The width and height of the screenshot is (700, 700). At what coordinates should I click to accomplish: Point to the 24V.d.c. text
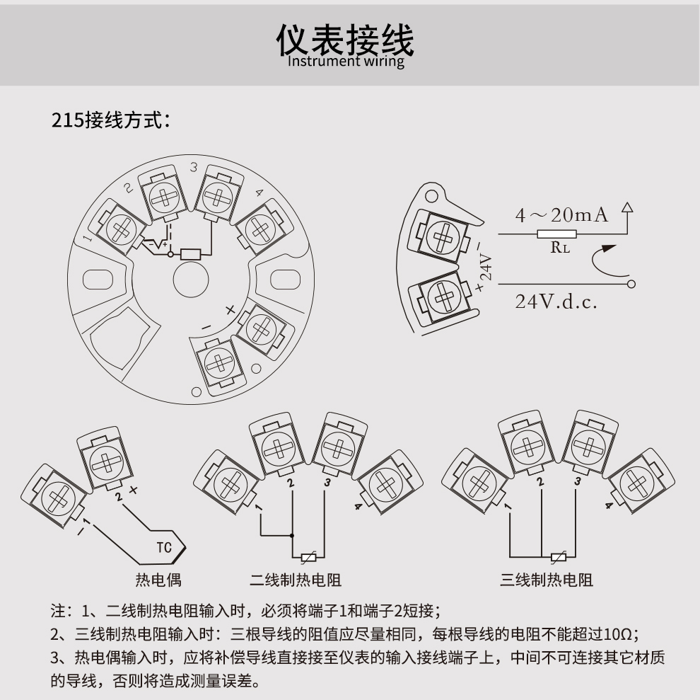[556, 302]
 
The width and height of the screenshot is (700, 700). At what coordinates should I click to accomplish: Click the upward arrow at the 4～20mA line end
[626, 210]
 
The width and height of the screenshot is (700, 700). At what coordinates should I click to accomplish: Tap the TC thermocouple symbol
[164, 547]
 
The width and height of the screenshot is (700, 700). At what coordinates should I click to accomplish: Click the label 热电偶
[158, 580]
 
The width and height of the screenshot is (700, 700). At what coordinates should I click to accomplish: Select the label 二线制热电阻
[296, 580]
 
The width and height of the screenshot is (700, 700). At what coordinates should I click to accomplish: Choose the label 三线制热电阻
[547, 580]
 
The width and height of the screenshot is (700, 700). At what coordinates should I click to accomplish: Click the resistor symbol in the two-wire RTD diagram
[308, 557]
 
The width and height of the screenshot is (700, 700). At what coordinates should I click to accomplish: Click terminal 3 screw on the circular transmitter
[214, 196]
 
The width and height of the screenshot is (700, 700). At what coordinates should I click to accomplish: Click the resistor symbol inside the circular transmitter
[192, 254]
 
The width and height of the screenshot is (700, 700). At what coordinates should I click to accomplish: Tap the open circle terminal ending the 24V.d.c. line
[631, 284]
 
